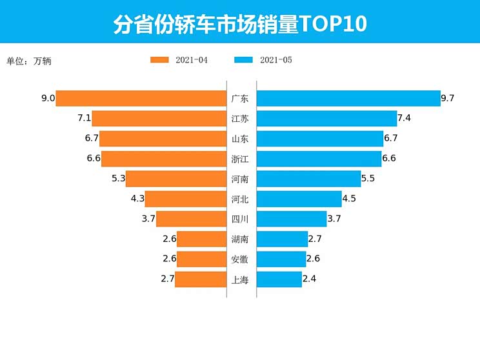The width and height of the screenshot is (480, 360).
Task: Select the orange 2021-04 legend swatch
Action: tap(159, 60)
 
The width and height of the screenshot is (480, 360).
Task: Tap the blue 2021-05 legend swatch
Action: tap(244, 60)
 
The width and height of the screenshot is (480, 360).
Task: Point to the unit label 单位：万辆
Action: tap(29, 61)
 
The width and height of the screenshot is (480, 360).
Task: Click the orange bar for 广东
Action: tap(141, 98)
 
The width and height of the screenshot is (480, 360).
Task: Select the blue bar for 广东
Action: tap(348, 98)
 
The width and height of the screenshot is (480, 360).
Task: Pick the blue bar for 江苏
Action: tap(326, 118)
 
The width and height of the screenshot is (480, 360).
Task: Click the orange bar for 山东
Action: tap(163, 139)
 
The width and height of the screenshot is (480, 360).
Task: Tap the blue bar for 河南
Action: tap(308, 179)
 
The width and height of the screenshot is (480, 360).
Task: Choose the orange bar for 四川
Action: tap(191, 219)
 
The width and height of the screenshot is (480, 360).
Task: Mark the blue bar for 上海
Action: tap(279, 279)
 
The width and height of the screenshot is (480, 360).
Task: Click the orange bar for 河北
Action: tap(185, 199)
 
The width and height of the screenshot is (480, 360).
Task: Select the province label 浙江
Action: tap(240, 159)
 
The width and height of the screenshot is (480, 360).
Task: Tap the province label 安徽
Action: tap(240, 259)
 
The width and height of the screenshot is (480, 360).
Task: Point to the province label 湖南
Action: tap(240, 239)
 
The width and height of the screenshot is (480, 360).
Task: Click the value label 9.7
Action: tap(448, 99)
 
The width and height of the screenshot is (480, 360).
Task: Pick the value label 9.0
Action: tap(47, 99)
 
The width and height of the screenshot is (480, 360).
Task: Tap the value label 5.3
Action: tap(118, 179)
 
